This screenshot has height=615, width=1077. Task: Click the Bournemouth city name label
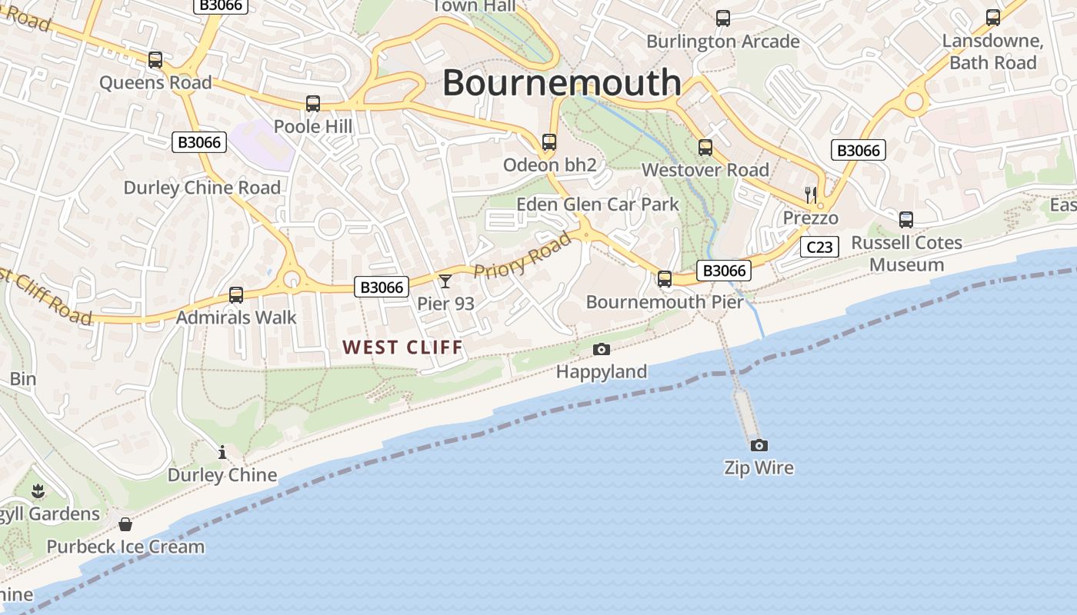[x=562, y=82]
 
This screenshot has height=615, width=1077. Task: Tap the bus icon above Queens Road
[x=155, y=60]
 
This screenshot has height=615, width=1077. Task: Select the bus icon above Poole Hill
[x=312, y=104]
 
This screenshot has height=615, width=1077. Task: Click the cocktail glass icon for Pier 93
[x=445, y=281]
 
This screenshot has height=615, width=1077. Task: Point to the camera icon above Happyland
[x=602, y=350]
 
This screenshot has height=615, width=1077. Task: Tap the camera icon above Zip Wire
[x=759, y=445]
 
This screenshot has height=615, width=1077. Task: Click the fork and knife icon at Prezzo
[x=810, y=194]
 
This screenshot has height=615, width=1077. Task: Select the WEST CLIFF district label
[x=403, y=347]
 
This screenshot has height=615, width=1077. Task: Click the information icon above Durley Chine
[x=222, y=452]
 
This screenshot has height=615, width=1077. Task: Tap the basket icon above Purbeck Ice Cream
[x=125, y=524]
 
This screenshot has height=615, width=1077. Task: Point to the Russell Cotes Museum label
[x=907, y=254]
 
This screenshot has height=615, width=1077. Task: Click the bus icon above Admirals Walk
[x=236, y=295]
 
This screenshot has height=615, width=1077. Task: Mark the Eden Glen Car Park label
[x=598, y=204]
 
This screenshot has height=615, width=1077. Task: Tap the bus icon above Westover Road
[x=705, y=148]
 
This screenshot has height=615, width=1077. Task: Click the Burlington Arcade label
[x=722, y=42]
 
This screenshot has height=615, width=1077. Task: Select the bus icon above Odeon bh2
[x=549, y=142]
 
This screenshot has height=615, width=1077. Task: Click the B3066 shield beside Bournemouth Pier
[x=724, y=271]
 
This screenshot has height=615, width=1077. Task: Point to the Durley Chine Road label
[x=202, y=188]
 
